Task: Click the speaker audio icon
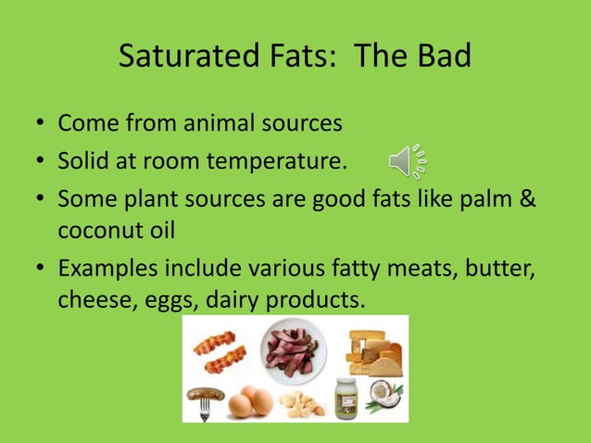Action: point(407,162)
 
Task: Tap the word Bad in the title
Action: point(441,57)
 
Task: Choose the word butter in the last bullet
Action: point(506,270)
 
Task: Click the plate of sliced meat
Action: point(294,348)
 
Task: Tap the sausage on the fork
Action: point(206,395)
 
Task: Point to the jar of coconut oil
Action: point(346,398)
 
